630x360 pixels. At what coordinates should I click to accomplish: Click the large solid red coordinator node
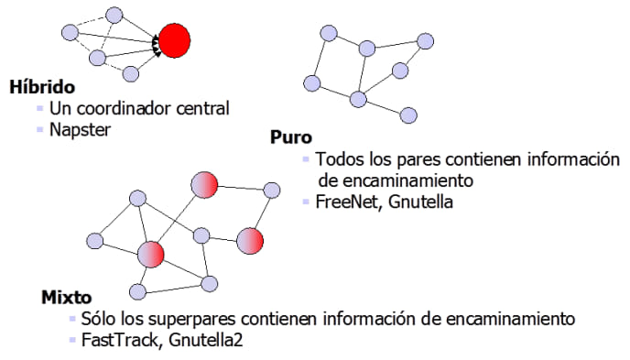174,40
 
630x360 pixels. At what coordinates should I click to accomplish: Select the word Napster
80,129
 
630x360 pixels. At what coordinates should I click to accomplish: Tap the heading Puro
291,137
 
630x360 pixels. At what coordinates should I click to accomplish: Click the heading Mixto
67,299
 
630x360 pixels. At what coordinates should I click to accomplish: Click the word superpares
191,319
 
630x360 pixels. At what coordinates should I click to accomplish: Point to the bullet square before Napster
41,129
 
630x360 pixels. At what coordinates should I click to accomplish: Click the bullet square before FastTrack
71,339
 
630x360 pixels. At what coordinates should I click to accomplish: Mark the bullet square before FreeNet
306,201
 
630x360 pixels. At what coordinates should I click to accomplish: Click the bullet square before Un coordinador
41,108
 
